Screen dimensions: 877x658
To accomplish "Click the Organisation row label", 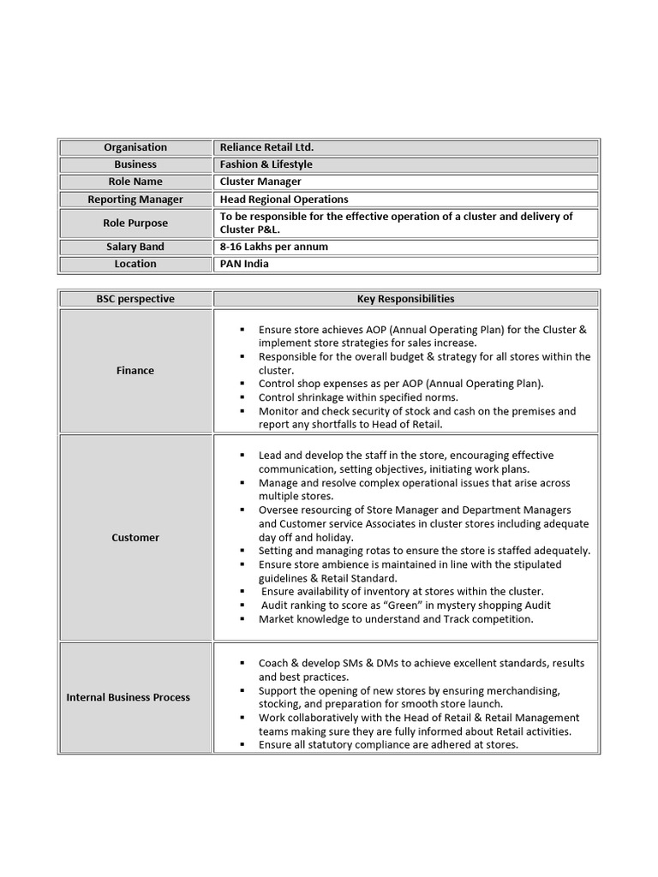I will tap(135, 147).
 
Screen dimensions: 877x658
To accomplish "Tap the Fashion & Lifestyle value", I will tap(266, 164).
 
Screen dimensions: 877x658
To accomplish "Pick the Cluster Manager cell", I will tap(260, 182).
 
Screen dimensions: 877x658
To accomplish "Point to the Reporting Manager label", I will tap(135, 200).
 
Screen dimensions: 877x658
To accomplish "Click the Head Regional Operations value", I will tap(284, 200).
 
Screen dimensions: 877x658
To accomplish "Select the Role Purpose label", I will tap(135, 223).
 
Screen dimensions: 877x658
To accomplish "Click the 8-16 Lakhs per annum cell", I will tap(274, 247).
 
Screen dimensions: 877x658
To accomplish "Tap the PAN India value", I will tap(244, 264).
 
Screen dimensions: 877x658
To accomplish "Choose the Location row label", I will tap(135, 264).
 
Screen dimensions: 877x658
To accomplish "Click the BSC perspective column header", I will tap(135, 299).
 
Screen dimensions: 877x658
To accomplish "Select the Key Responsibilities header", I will tap(405, 299).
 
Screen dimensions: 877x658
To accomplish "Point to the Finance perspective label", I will tap(135, 371).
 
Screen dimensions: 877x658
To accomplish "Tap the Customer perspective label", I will tap(135, 538).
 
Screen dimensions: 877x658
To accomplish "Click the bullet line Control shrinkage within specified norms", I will tap(358, 397).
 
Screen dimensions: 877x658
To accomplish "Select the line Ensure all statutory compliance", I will tap(388, 745).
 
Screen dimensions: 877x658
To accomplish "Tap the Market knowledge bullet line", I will tap(395, 619).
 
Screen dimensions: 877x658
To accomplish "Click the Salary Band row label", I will tap(135, 247).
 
